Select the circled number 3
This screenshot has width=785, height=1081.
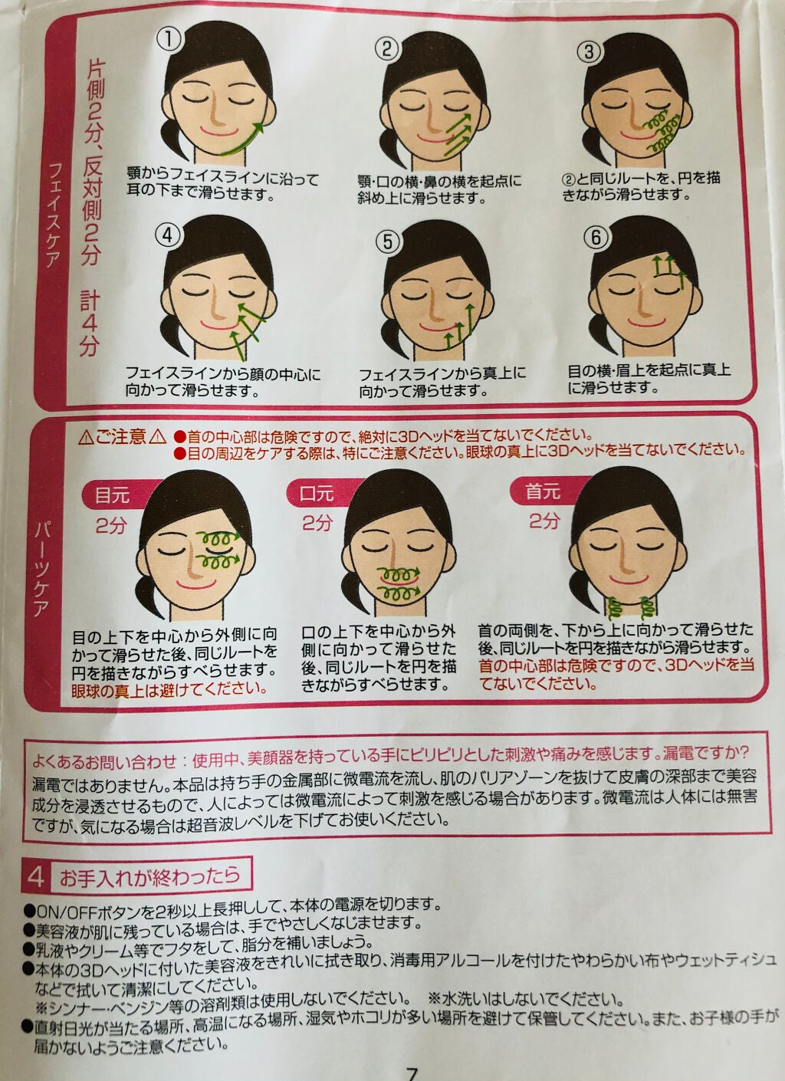tap(590, 51)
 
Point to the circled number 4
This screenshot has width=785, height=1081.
tap(166, 234)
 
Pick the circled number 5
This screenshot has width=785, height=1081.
tap(388, 242)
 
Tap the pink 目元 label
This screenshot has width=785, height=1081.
tap(113, 495)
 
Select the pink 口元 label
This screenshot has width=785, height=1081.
tap(317, 493)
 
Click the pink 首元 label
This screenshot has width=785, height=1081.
tap(544, 491)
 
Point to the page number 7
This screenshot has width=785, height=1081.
tap(412, 1073)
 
